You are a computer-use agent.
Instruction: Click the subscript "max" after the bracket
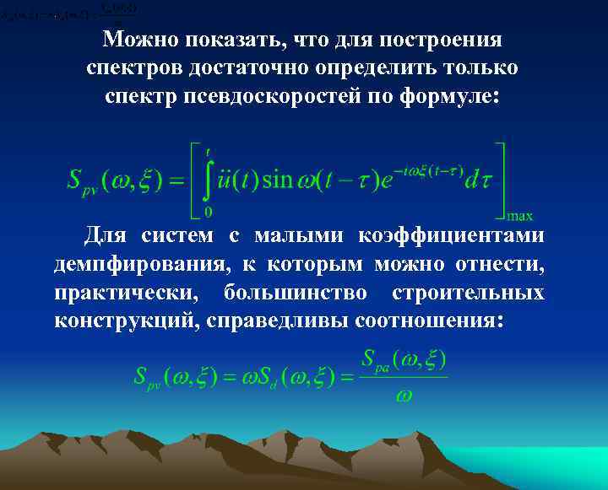coord(518,216)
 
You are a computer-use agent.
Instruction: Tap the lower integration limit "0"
coord(208,210)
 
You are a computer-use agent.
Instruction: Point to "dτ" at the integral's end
coord(478,180)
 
